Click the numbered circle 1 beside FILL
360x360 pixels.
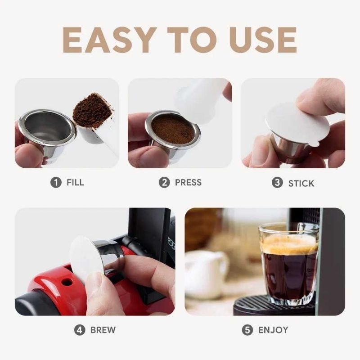coord(56,183)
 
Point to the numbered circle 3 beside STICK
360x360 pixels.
coord(277,183)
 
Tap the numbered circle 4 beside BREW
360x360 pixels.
coord(80,330)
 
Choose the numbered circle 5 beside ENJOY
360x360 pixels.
coord(247,330)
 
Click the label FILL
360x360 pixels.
coord(75,183)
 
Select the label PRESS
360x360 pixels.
coord(188,183)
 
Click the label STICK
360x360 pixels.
coord(301,183)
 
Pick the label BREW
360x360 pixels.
coord(103,330)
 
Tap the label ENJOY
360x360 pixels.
coord(273,330)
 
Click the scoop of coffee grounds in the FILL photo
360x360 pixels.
coord(92,110)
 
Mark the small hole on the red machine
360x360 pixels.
coord(67,282)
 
